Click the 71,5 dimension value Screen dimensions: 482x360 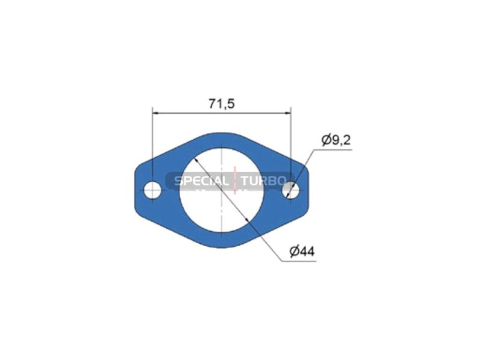(x=222, y=104)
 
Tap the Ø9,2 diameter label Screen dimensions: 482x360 (x=336, y=140)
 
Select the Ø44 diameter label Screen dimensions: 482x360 (x=302, y=252)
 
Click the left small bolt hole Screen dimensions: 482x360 (x=152, y=190)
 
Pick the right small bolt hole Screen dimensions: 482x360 (x=291, y=190)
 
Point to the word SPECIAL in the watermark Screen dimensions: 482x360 (x=202, y=181)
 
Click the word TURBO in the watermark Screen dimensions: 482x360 (x=264, y=181)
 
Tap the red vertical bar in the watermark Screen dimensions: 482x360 (x=235, y=181)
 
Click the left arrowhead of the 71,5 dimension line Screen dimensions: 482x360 (x=155, y=113)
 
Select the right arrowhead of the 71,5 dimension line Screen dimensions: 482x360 (x=288, y=113)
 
